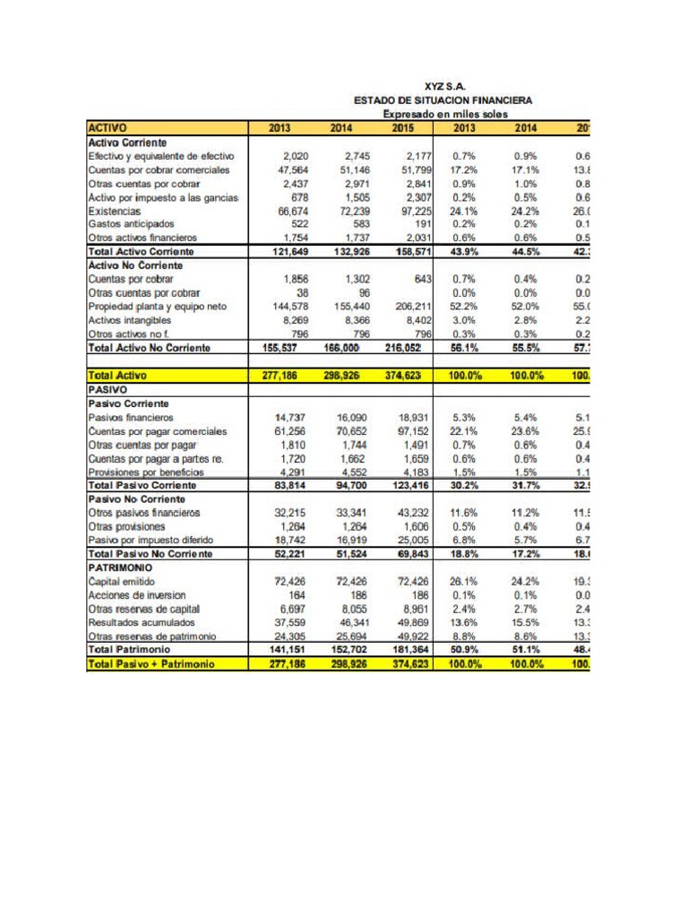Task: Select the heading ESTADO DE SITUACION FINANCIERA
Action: (x=444, y=100)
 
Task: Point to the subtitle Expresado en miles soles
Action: (x=444, y=115)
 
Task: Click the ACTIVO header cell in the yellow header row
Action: (x=107, y=128)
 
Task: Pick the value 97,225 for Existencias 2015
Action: (x=412, y=211)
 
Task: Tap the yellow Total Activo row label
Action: (x=117, y=377)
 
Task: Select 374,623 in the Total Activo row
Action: (x=408, y=377)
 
